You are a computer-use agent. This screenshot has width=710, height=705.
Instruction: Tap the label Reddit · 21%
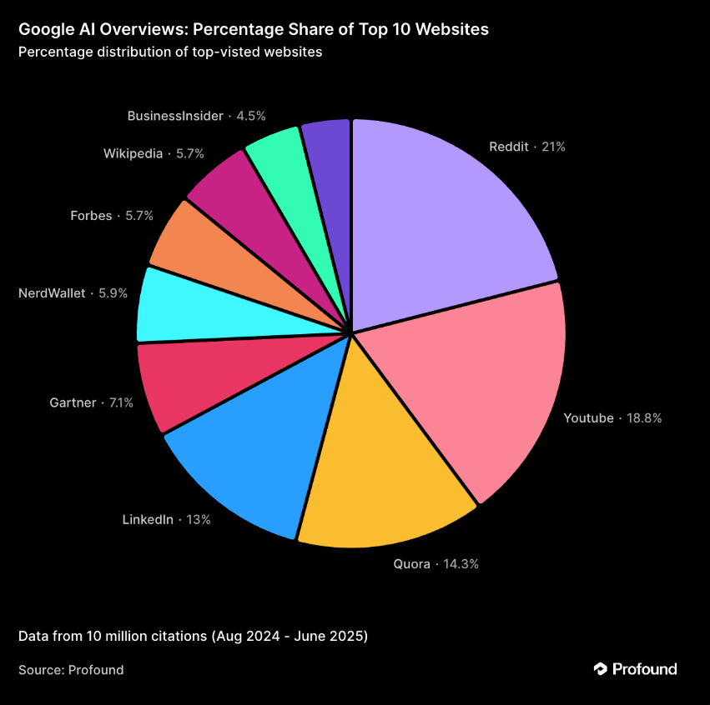(x=527, y=147)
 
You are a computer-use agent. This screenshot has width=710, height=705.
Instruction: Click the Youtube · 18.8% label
(x=612, y=418)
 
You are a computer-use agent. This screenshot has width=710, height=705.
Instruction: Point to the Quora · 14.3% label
(x=436, y=564)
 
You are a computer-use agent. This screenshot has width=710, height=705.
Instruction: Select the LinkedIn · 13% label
(x=166, y=520)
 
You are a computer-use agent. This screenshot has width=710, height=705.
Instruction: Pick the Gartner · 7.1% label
(x=91, y=403)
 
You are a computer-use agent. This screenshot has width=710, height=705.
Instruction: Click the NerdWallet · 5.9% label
(x=73, y=293)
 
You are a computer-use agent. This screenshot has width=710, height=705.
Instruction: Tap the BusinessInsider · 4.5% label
(x=196, y=116)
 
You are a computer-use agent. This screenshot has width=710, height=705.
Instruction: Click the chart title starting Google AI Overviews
(x=254, y=30)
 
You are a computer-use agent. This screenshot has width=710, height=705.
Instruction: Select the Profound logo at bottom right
(x=635, y=669)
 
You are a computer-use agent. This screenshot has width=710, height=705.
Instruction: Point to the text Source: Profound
(x=71, y=670)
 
